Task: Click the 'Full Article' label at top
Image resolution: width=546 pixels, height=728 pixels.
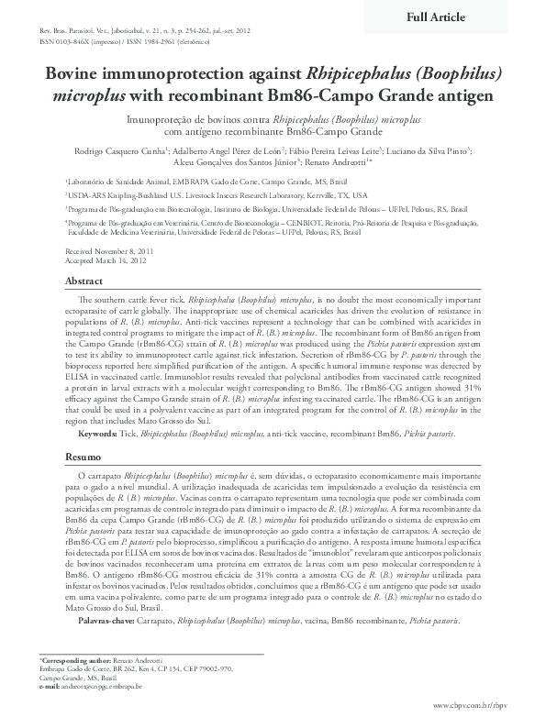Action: pyautogui.click(x=436, y=17)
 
